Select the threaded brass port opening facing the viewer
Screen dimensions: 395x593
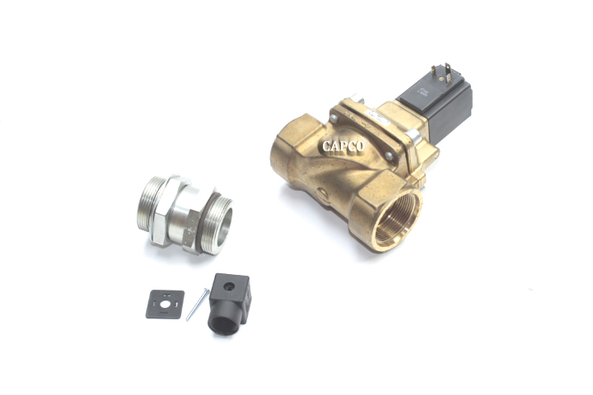(397, 217)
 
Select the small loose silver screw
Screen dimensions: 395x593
(195, 304)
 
